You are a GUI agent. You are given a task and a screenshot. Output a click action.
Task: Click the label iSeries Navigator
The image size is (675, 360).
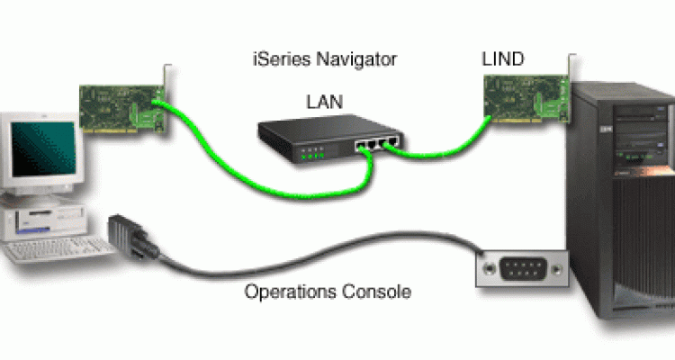[x=323, y=60]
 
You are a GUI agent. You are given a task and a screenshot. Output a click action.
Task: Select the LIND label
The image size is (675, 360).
[x=504, y=59]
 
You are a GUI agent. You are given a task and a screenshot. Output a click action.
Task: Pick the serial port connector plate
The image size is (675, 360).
[x=523, y=269]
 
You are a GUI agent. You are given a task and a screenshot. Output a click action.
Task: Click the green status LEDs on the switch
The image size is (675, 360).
[x=311, y=152]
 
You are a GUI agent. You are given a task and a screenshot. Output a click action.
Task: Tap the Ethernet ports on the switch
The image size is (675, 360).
[x=373, y=142]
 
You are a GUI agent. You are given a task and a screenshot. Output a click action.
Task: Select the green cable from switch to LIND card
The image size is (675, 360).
[x=441, y=144]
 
